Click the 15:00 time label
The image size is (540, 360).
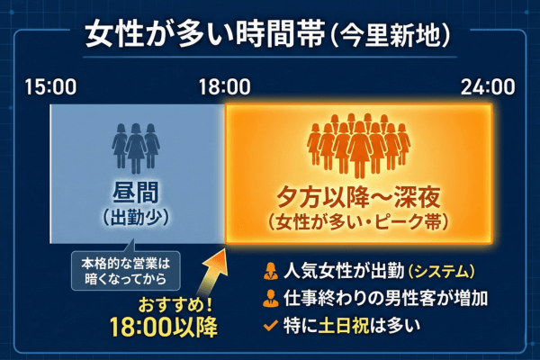[x=50, y=87]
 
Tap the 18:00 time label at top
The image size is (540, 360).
[x=224, y=87]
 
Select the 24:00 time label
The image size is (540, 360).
[x=488, y=87]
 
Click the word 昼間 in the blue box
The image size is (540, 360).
[x=136, y=192]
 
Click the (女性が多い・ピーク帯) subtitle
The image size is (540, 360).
[x=358, y=220]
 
